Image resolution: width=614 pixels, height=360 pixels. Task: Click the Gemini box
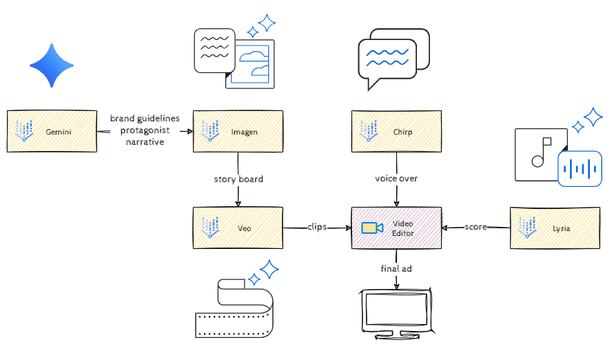(52, 131)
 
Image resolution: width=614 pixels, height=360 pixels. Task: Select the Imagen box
(238, 131)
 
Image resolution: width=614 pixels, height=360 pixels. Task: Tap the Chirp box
(396, 131)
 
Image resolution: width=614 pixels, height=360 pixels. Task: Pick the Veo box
(238, 228)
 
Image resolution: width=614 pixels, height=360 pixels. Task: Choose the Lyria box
(555, 228)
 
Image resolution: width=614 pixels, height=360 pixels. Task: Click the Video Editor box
(396, 228)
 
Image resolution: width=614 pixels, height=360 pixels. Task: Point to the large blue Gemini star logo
(52, 66)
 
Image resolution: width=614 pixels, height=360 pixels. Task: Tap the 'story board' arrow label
(238, 179)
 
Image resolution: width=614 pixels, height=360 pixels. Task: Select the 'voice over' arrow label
(396, 179)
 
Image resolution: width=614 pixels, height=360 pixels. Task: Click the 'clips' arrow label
(317, 226)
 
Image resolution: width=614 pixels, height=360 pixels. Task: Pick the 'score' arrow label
(475, 226)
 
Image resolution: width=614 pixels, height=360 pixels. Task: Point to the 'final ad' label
(396, 268)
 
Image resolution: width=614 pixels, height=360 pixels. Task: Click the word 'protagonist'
(145, 130)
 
